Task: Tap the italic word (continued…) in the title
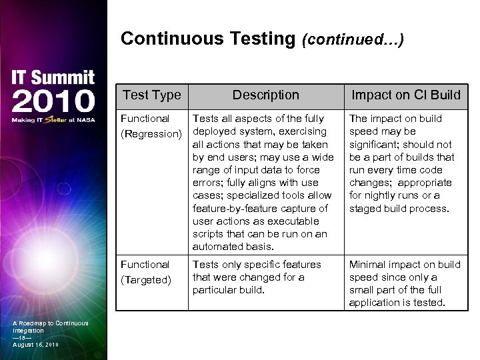pos(353,40)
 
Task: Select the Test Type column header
pos(152,95)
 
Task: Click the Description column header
pos(265,95)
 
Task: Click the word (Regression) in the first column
pos(151,134)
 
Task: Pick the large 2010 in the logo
pos(53,101)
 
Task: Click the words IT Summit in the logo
pos(53,78)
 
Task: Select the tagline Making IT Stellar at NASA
pos(53,120)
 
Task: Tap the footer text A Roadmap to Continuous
pos(51,323)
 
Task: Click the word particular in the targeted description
pos(216,290)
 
